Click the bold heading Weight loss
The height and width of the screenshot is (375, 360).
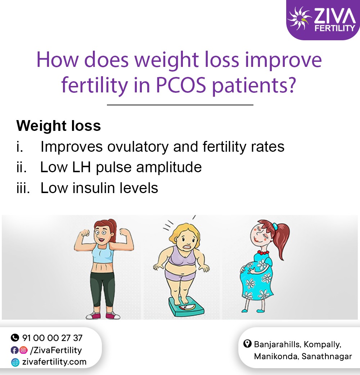tap(59, 126)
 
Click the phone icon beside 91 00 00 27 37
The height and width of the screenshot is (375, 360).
tap(15, 338)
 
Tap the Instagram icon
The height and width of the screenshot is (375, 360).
tap(23, 350)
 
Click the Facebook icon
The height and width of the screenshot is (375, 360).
tap(15, 350)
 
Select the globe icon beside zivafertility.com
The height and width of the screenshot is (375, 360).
tap(15, 362)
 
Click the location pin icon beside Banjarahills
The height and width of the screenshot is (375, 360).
tap(247, 344)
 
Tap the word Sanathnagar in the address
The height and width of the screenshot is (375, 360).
tap(327, 357)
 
